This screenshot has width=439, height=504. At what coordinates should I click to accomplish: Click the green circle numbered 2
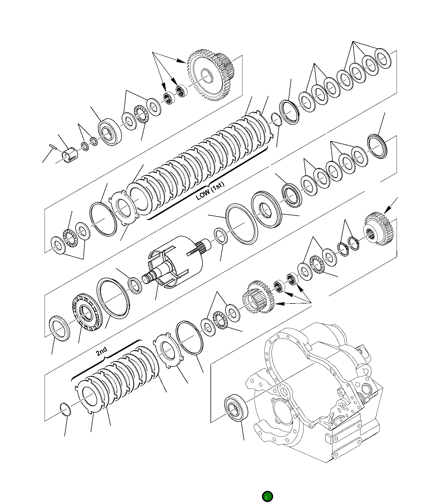tap(267, 497)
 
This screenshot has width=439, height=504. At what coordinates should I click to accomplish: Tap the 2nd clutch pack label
tap(102, 351)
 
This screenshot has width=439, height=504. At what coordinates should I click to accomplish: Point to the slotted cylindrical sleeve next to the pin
tap(70, 155)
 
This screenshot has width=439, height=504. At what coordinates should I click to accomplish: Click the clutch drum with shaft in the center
tap(175, 262)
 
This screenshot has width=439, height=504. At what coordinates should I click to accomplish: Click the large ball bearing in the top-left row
tap(109, 132)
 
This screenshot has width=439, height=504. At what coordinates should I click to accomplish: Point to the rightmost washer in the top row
tap(383, 58)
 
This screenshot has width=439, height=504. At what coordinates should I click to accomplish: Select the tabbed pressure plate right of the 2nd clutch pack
tap(166, 351)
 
